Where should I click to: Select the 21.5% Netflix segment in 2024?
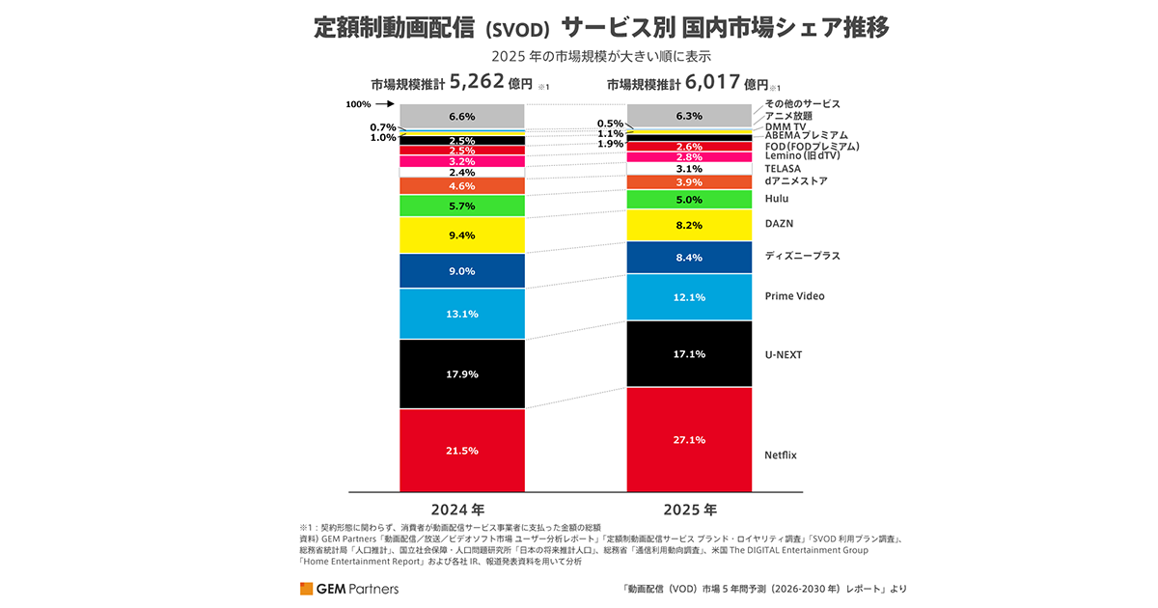tap(462, 451)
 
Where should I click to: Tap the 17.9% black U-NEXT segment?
tap(462, 373)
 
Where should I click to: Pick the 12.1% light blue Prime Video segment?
tap(689, 296)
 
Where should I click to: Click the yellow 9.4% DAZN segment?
tap(462, 235)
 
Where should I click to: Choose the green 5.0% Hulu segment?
tap(689, 200)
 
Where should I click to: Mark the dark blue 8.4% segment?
tap(689, 258)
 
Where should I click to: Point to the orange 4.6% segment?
tap(462, 185)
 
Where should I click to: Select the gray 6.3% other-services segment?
tap(689, 116)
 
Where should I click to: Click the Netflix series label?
tap(781, 455)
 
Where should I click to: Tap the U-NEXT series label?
tap(783, 355)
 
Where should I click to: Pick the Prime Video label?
tap(794, 296)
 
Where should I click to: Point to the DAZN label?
tap(778, 223)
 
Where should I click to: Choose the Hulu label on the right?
tap(776, 199)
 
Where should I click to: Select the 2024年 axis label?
tap(462, 509)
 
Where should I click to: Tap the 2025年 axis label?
tap(689, 509)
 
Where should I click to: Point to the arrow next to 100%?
tap(384, 104)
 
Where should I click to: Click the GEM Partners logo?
tap(348, 588)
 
